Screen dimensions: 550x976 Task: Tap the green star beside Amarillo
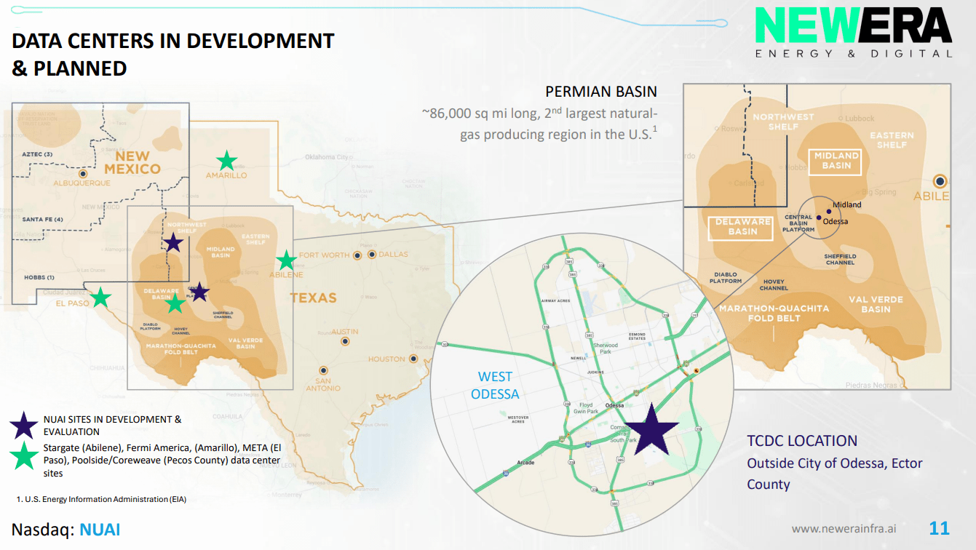(227, 161)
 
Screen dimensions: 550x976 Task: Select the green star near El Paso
(100, 297)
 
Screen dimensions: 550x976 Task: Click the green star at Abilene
(286, 260)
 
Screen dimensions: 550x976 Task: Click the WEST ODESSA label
(495, 386)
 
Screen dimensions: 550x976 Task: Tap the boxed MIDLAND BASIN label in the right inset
(836, 161)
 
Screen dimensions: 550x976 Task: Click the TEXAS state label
(314, 298)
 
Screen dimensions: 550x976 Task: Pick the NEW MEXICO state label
(132, 162)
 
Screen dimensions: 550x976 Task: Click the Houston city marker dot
(413, 359)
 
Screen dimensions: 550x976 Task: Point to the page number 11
(939, 528)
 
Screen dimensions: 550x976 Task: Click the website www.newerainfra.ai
(844, 529)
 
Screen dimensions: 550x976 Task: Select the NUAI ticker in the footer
(100, 530)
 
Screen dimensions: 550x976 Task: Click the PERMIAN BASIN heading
(601, 92)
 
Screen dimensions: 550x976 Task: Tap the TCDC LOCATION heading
(802, 441)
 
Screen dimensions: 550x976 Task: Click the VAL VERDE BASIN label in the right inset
(876, 304)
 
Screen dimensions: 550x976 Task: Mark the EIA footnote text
(101, 499)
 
